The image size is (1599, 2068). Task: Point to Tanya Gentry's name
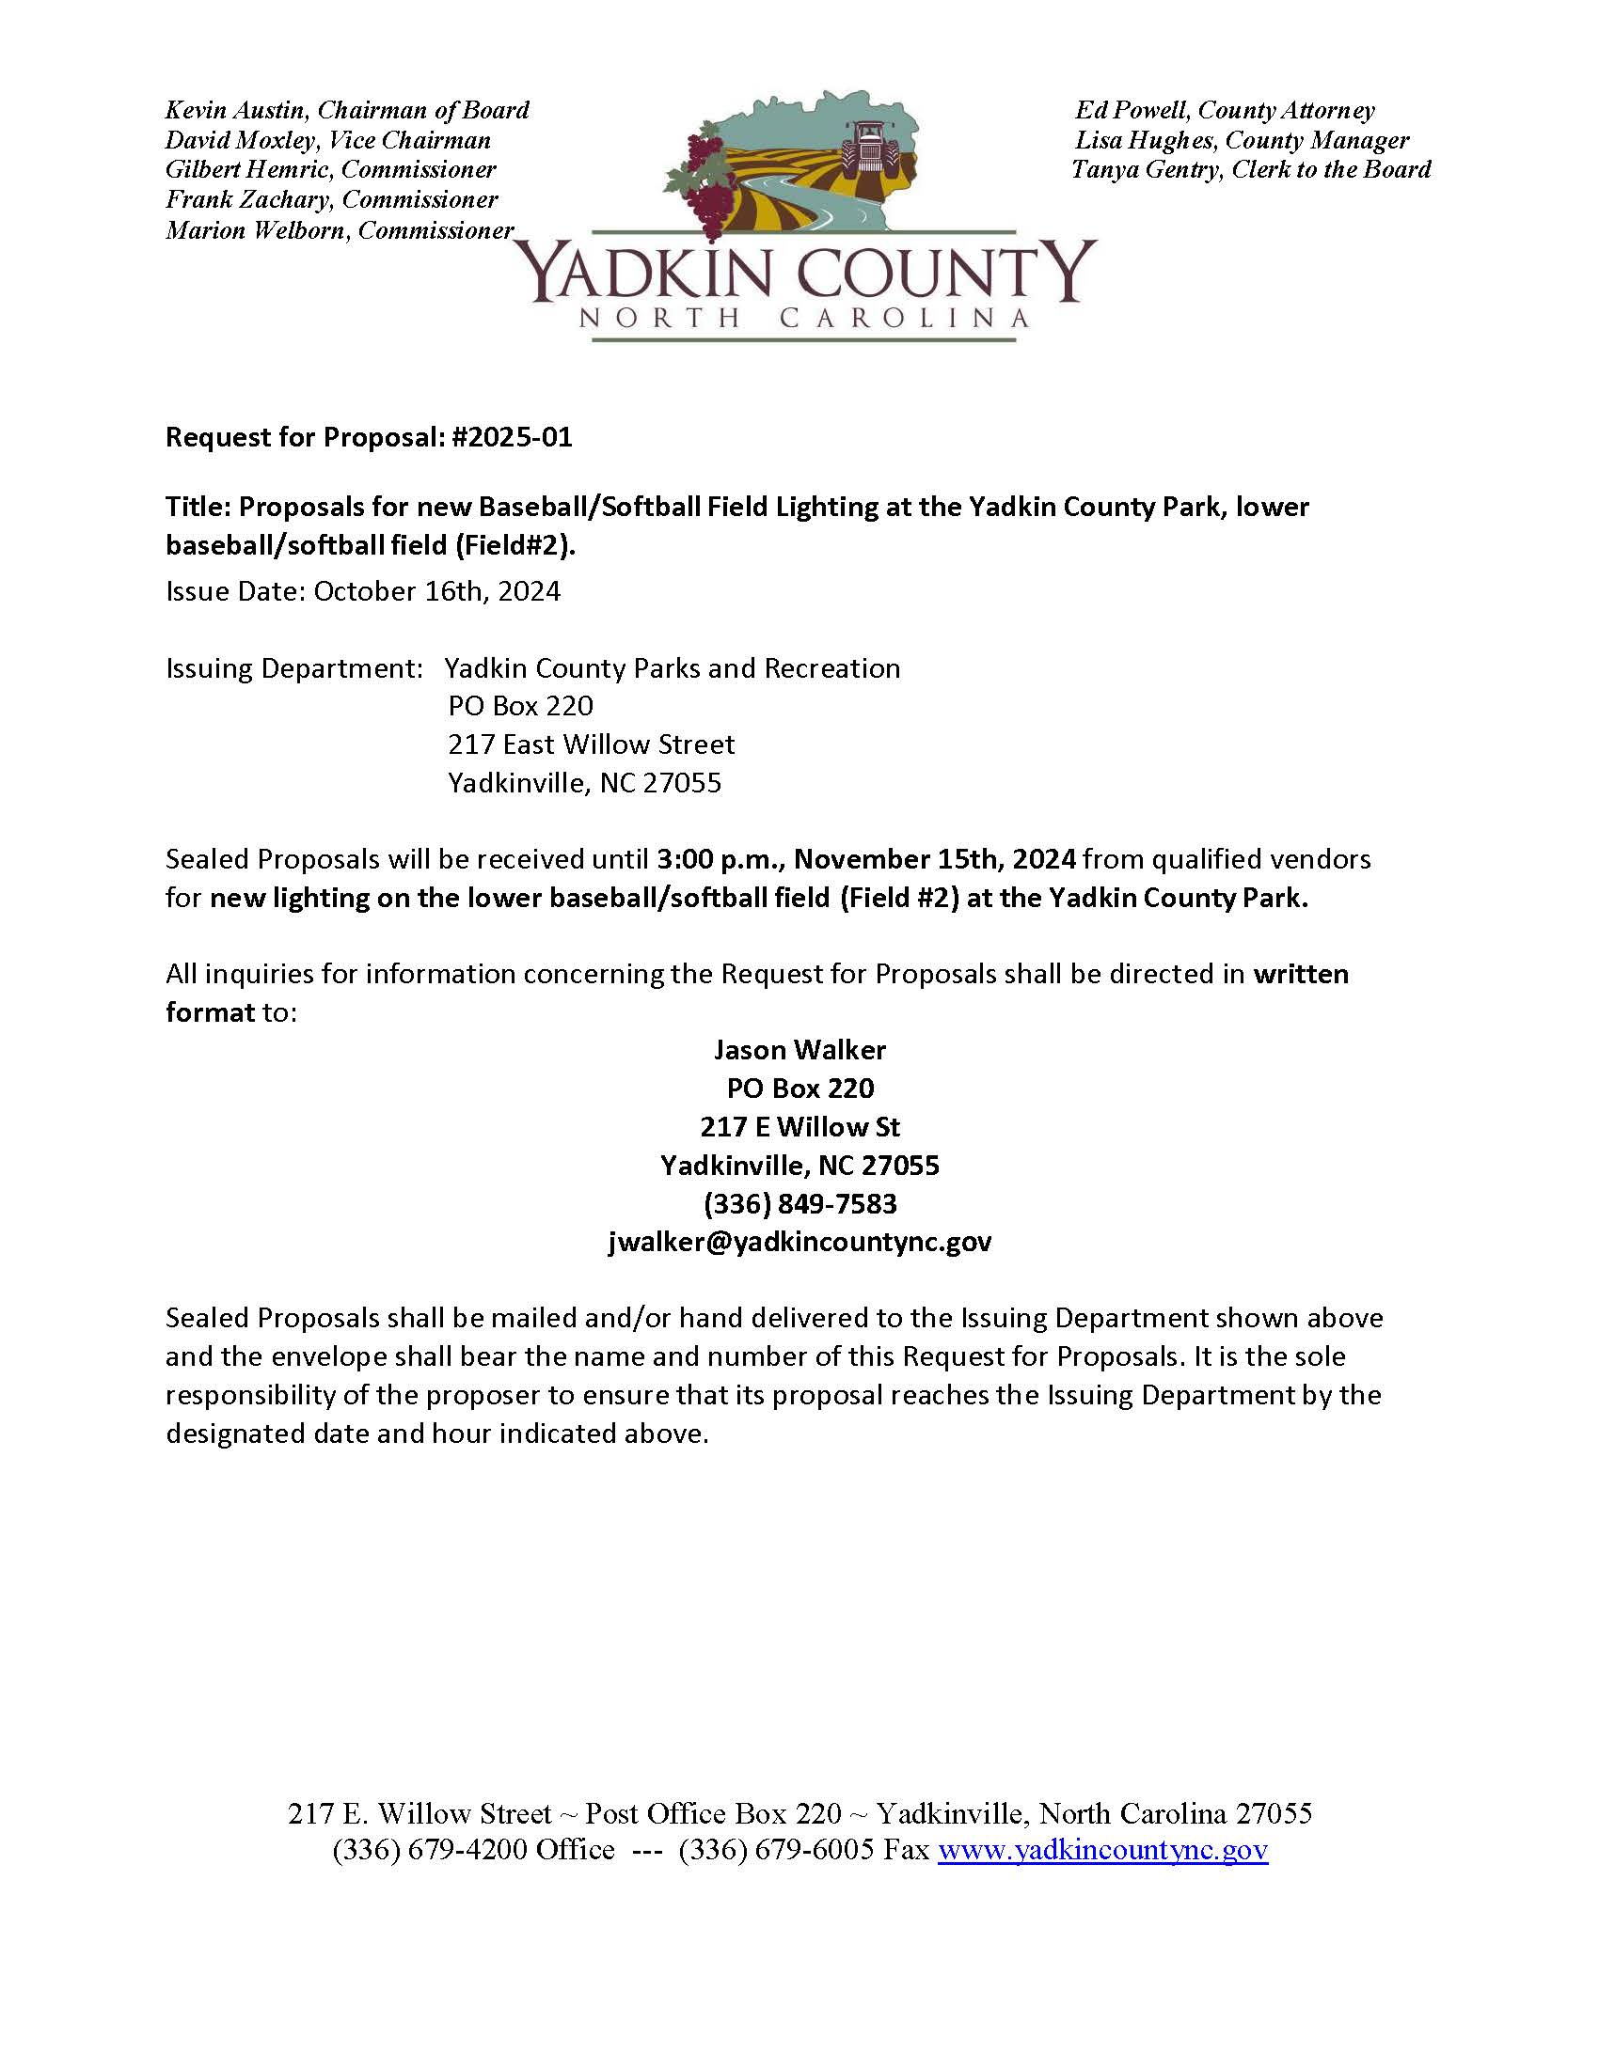click(1146, 170)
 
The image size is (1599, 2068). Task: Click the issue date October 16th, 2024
click(436, 592)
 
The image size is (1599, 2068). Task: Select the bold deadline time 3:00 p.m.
click(720, 860)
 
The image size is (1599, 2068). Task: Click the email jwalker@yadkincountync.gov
click(799, 1242)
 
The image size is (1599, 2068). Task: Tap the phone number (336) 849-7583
click(799, 1203)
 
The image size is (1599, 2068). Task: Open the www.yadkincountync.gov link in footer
click(1102, 1850)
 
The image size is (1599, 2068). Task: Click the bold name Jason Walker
click(799, 1050)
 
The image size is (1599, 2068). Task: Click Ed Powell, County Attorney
click(1224, 111)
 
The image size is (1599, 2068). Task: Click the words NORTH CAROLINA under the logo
click(803, 318)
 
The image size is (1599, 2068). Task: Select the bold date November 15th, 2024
click(934, 860)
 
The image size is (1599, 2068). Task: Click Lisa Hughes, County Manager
click(1241, 141)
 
